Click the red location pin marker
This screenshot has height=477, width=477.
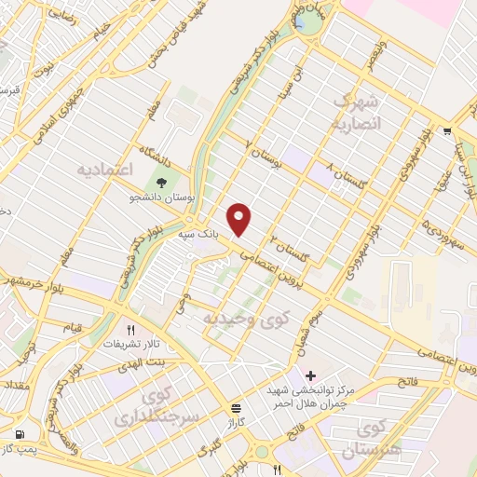point(239,219)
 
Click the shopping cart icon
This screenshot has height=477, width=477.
point(448,131)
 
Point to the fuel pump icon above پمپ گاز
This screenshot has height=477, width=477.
point(20,434)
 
